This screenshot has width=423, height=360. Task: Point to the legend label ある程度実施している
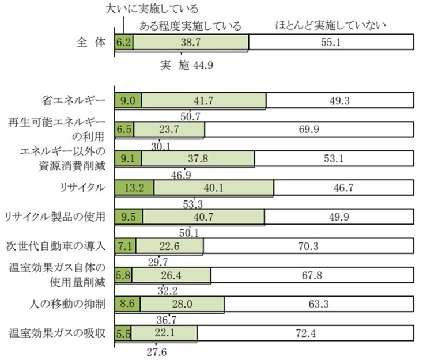[x=190, y=26]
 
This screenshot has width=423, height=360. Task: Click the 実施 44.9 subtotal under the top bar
[x=187, y=65]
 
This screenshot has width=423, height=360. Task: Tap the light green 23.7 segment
[x=169, y=130]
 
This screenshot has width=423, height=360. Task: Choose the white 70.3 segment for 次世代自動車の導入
[x=308, y=247]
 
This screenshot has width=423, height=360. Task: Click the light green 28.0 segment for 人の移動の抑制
[x=182, y=305]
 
